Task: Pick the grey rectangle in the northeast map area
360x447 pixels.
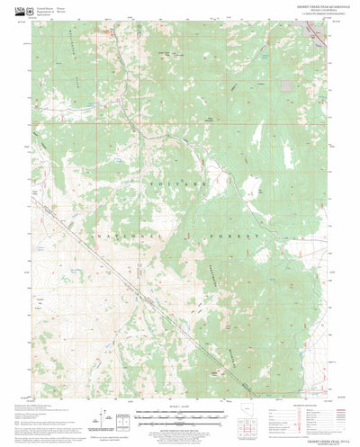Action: point(285,87)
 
